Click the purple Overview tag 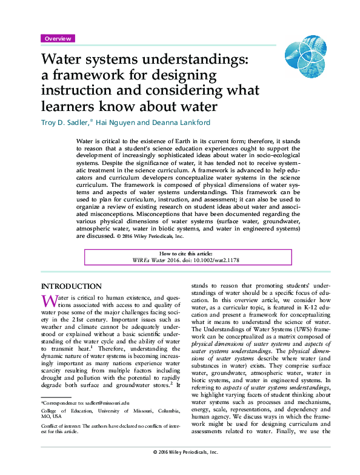58,38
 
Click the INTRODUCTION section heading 71,286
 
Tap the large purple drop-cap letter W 48,301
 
